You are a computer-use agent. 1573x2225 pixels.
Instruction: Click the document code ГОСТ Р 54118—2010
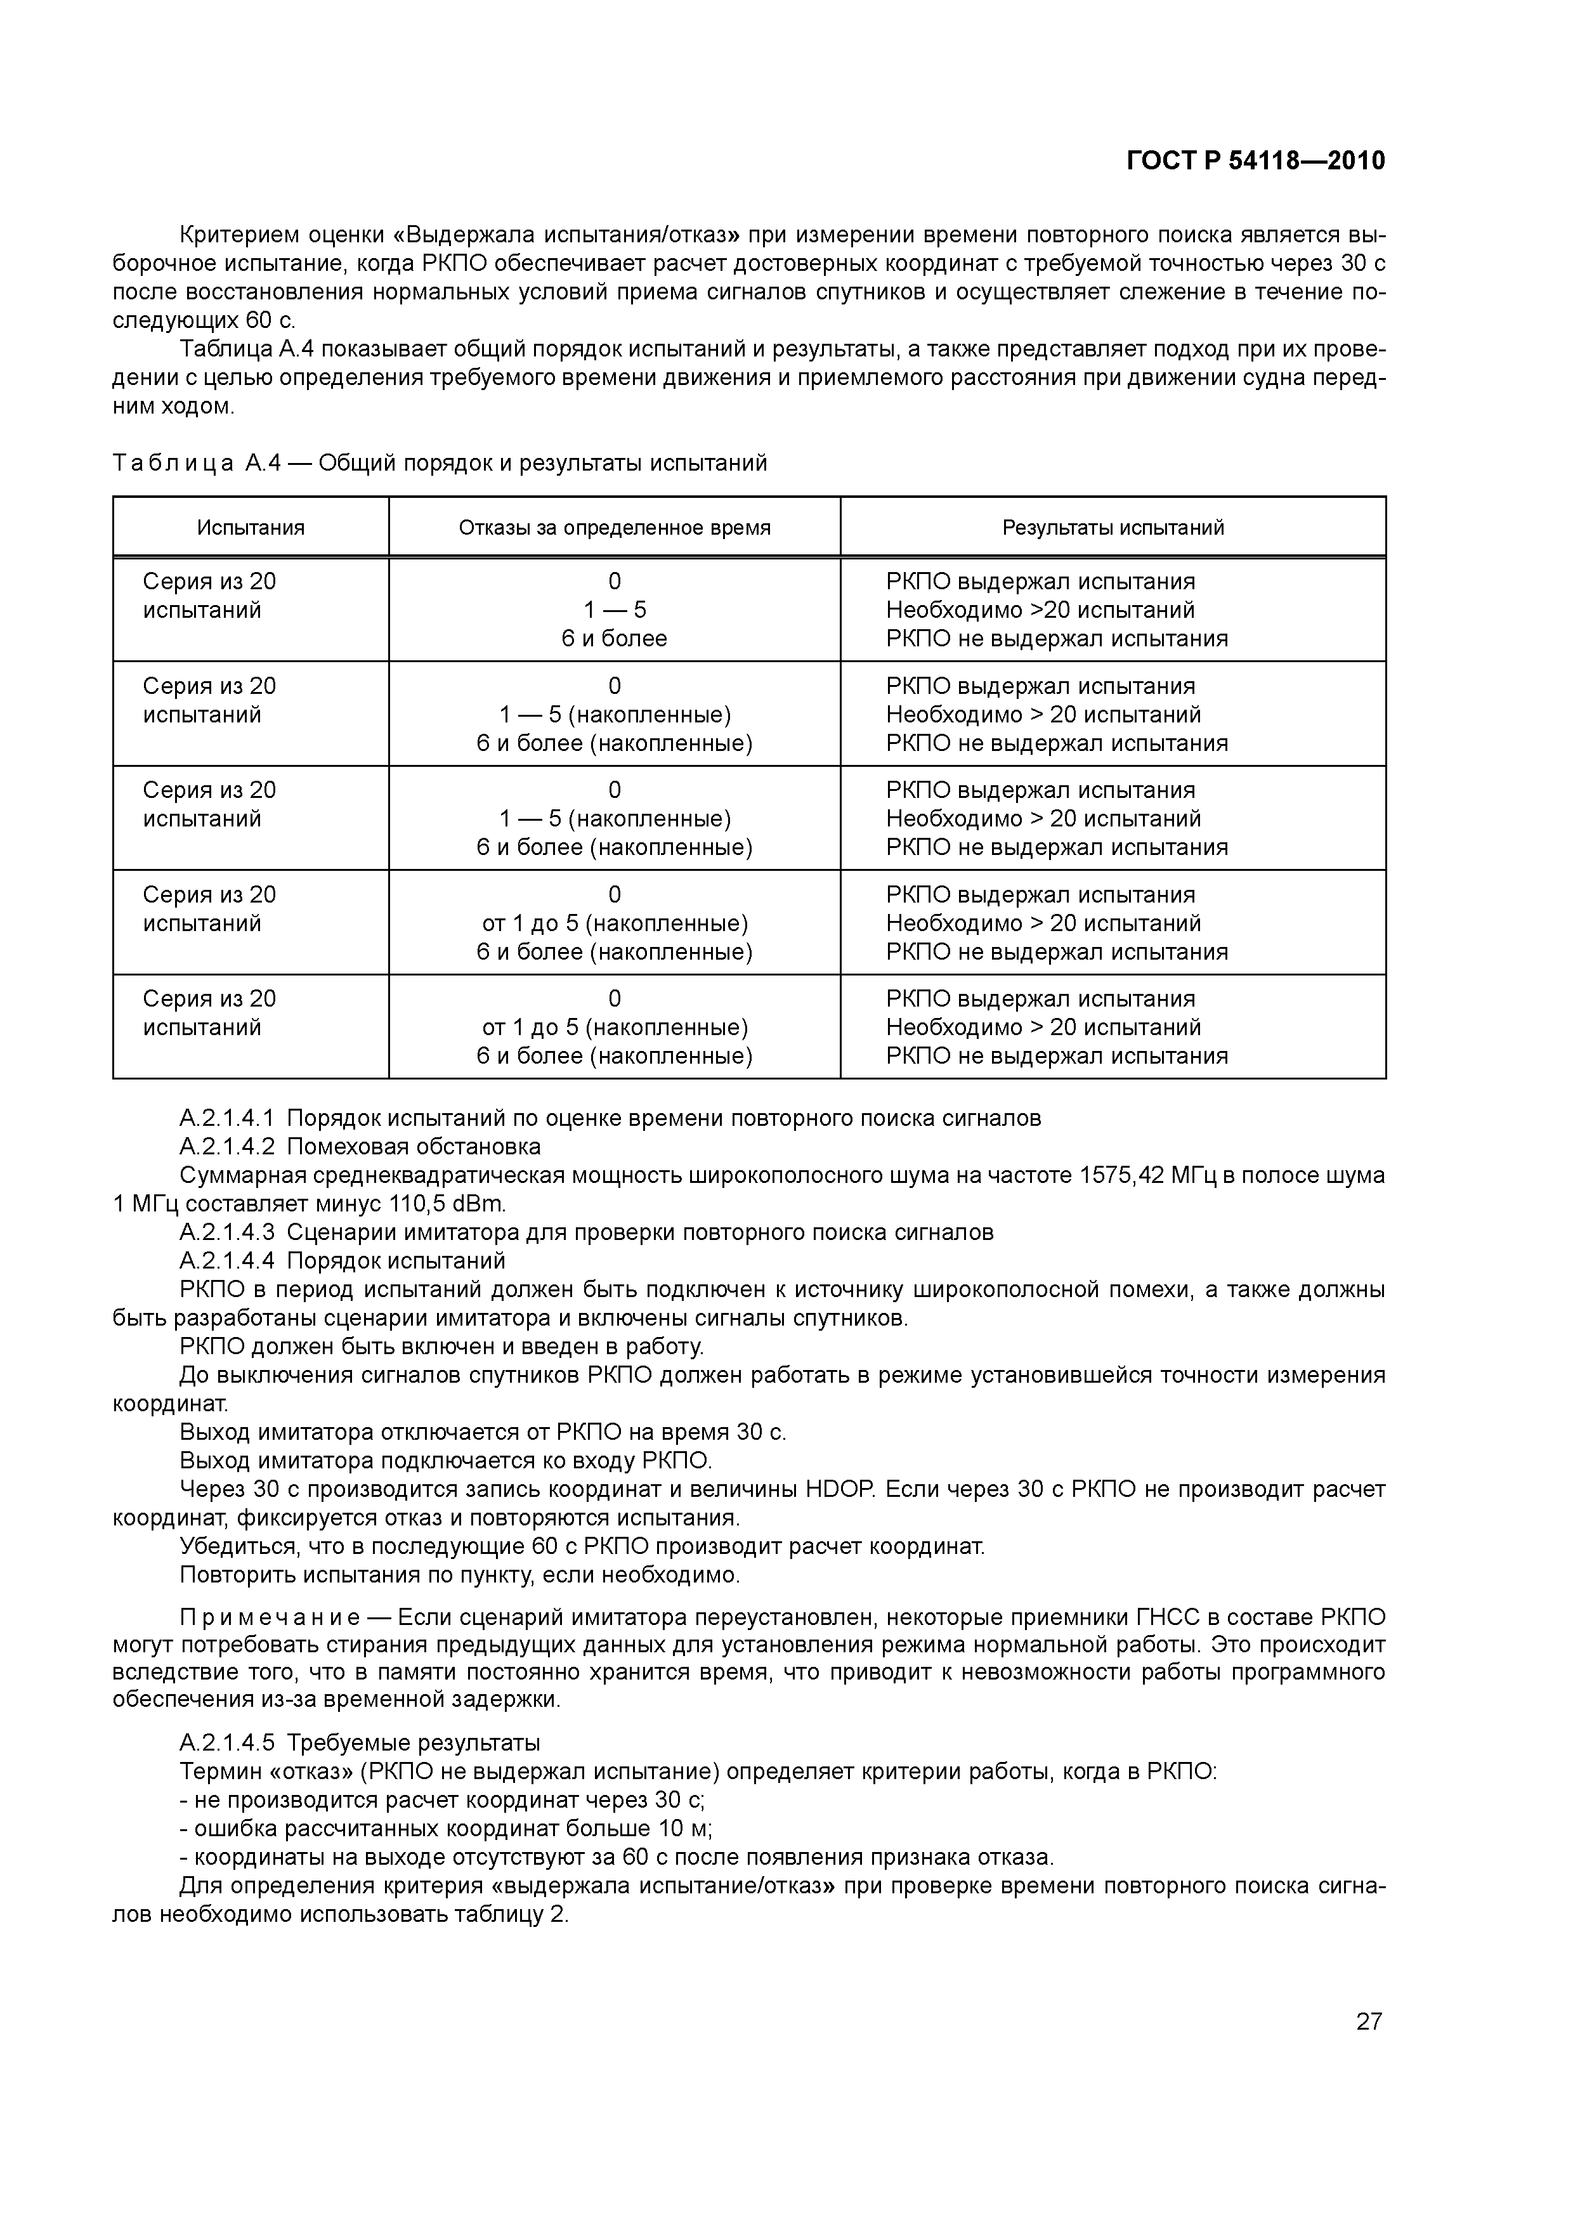click(x=1255, y=161)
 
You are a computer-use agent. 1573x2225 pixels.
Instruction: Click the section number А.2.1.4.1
click(x=227, y=1118)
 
